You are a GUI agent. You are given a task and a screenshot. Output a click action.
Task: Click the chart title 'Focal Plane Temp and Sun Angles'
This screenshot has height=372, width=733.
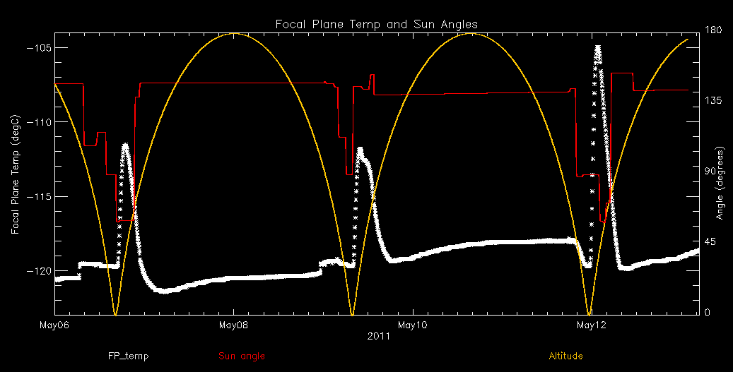(376, 25)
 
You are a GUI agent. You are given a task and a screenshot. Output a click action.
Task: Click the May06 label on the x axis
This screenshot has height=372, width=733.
(54, 325)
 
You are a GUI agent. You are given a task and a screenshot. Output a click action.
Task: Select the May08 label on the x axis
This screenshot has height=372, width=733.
(233, 325)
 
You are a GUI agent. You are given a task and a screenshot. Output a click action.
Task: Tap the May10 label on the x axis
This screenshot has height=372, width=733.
(412, 325)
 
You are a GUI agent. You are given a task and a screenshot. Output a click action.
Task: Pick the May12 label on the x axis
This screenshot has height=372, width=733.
(592, 325)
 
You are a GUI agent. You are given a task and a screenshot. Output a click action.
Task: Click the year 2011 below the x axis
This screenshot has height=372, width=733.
(377, 337)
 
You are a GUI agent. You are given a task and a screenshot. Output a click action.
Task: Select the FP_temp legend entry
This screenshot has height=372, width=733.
(128, 356)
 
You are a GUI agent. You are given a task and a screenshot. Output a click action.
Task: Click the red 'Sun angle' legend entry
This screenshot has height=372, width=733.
(242, 356)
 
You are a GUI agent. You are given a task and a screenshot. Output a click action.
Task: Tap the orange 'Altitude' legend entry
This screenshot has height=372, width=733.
(565, 356)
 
